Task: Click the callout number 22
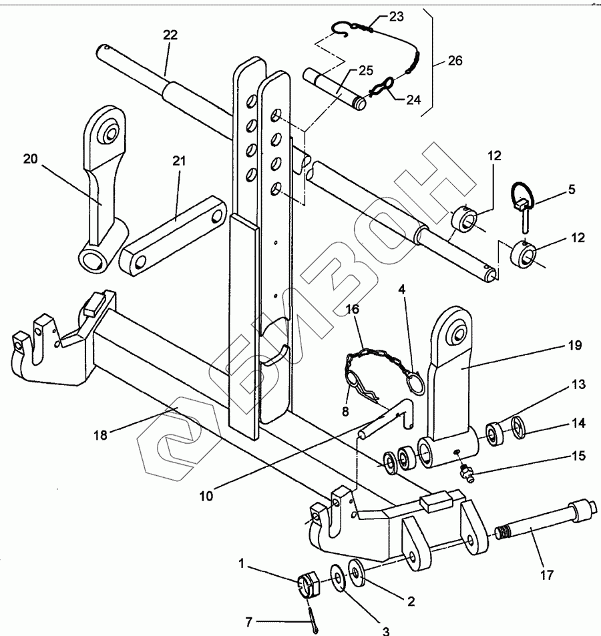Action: (170, 35)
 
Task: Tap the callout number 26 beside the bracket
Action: (455, 61)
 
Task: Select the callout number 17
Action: (547, 575)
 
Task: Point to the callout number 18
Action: (100, 435)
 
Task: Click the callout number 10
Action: (206, 496)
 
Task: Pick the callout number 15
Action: (578, 456)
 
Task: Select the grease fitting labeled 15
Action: (467, 473)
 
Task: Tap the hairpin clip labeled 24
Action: (382, 86)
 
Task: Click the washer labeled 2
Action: (357, 573)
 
